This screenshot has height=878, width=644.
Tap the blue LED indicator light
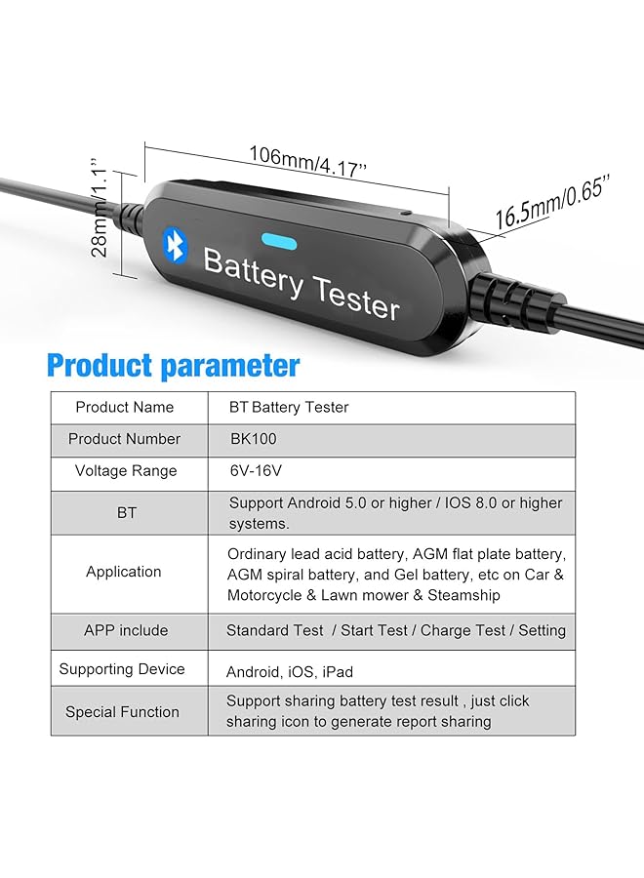[279, 241]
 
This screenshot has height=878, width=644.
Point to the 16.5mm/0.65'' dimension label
[551, 203]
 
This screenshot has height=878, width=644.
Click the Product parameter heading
[173, 366]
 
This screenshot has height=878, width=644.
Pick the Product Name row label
[125, 407]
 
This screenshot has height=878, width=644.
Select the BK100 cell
[253, 439]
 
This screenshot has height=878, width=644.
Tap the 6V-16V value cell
[255, 471]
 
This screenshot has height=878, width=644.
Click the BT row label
[127, 512]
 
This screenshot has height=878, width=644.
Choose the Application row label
[124, 573]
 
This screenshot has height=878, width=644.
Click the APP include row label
[126, 631]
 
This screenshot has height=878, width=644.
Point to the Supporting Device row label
[122, 669]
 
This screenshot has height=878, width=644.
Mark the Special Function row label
[123, 712]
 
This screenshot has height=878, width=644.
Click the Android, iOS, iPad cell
[290, 671]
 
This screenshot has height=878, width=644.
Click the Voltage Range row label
[126, 471]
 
